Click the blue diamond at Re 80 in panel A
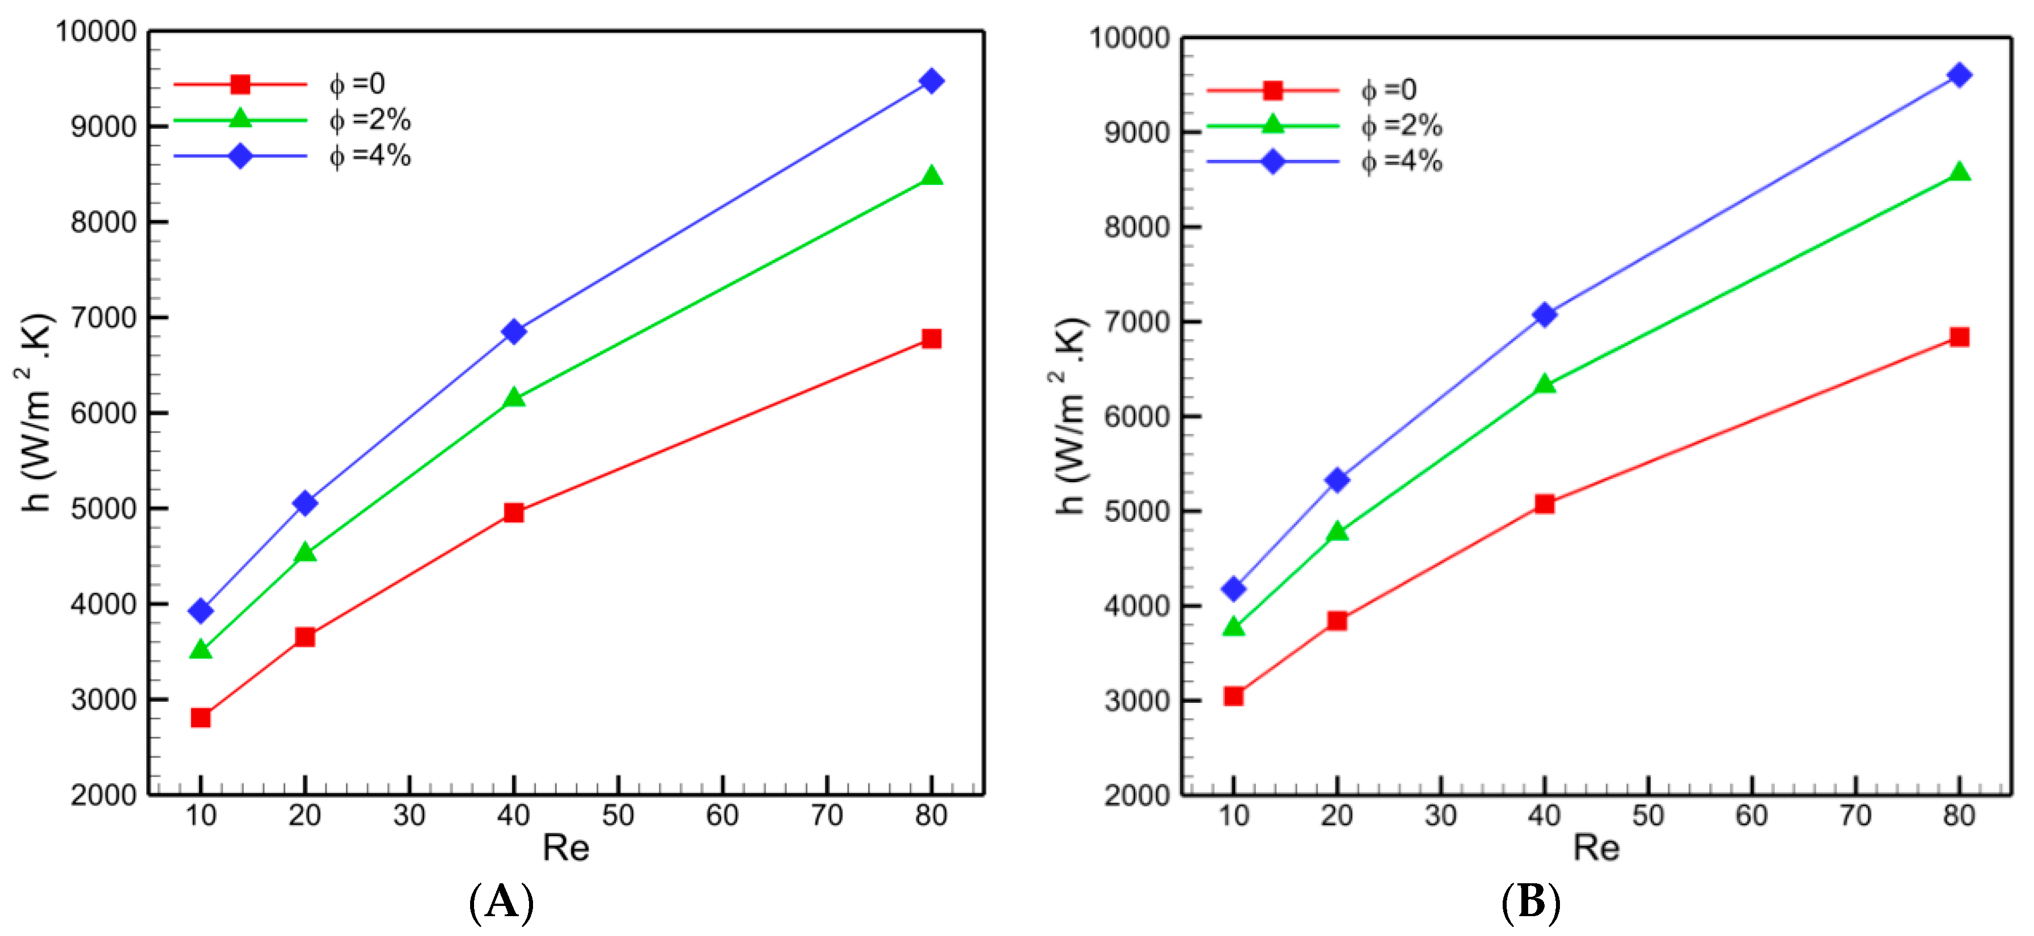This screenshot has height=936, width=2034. [x=931, y=81]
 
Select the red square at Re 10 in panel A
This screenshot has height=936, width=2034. [x=201, y=717]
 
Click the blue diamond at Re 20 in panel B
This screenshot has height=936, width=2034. [x=1337, y=479]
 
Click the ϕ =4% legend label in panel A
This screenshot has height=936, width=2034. [x=370, y=155]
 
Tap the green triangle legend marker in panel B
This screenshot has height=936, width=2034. [x=1273, y=125]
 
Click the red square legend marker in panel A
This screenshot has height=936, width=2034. [x=240, y=84]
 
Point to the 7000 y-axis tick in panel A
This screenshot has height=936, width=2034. [x=103, y=318]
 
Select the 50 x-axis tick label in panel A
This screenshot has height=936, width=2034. [x=618, y=815]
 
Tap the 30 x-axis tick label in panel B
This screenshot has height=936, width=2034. [x=1440, y=815]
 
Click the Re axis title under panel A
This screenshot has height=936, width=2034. [x=565, y=848]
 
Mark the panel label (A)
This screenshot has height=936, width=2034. [x=501, y=902]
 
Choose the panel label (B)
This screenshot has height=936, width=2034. [x=1530, y=902]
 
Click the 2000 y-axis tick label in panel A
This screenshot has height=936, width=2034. [x=103, y=795]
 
